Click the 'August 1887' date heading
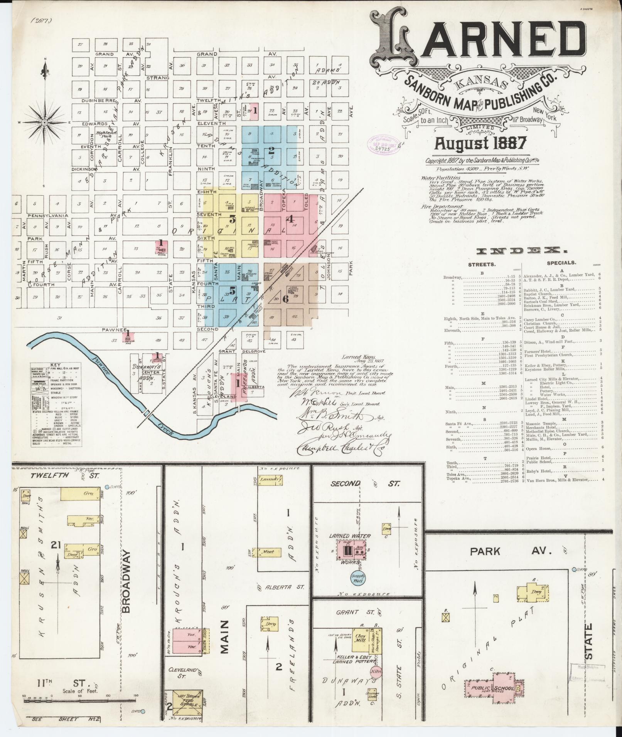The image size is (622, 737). [480, 143]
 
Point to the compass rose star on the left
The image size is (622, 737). [45, 123]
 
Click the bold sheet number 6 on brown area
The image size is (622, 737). [285, 299]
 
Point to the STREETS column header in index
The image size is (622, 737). [482, 265]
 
